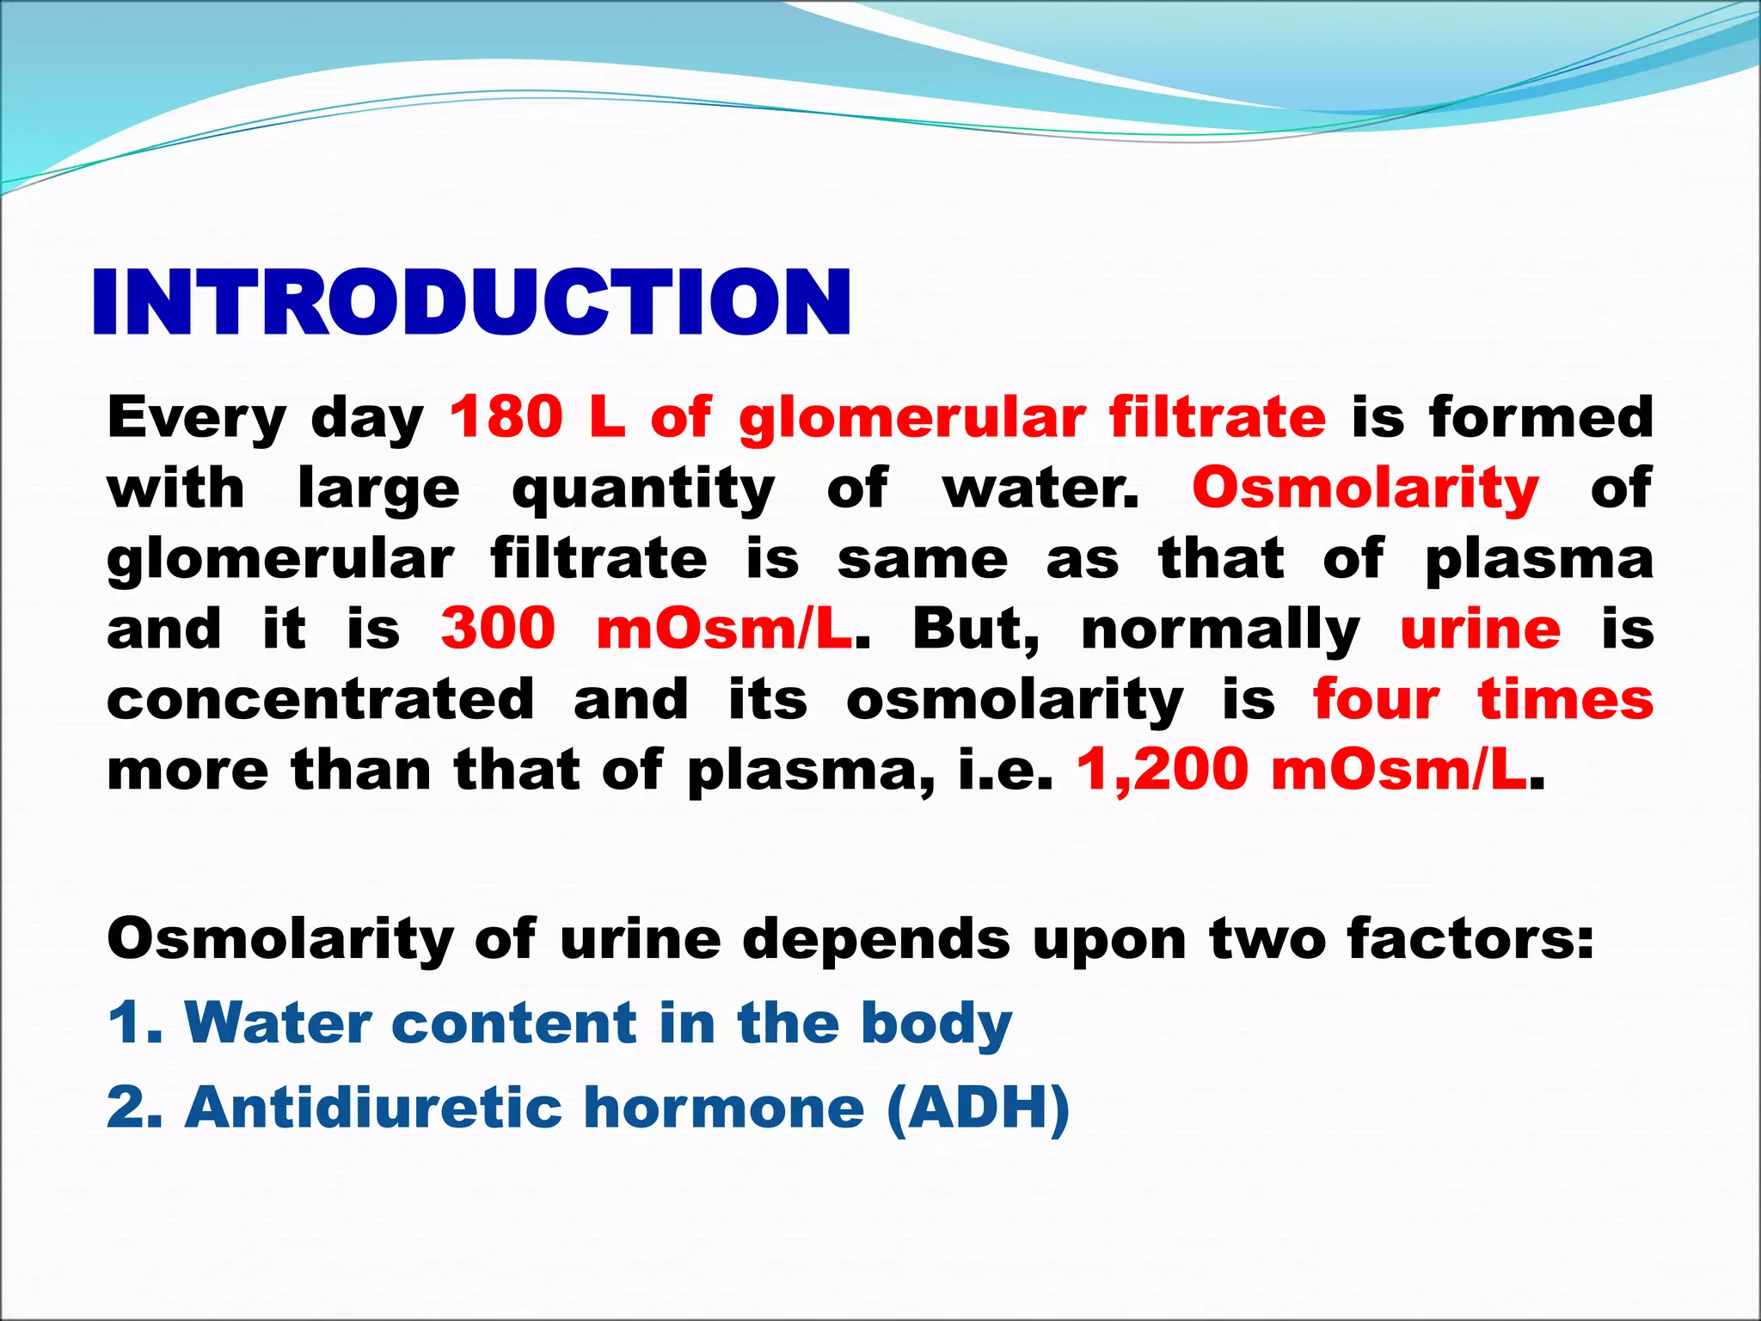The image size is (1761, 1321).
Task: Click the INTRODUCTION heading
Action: (471, 302)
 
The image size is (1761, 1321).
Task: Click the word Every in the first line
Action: (196, 418)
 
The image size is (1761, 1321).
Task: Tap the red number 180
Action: (506, 417)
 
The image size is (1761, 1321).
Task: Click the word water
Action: (1040, 488)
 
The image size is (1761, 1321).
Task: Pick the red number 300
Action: (498, 629)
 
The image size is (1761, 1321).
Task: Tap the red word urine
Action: (1480, 630)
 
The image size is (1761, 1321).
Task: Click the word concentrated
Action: (320, 699)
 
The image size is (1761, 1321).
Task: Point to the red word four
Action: (1376, 699)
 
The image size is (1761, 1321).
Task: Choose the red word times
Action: (1565, 699)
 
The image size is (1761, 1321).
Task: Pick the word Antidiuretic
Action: (372, 1107)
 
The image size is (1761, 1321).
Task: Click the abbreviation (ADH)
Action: (979, 1109)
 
